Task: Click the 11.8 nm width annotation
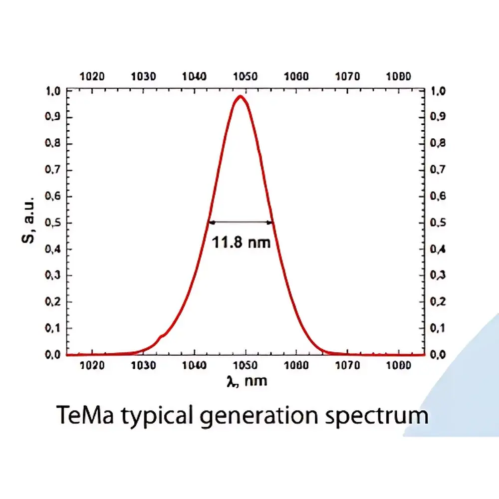click(x=242, y=243)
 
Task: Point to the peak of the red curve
click(x=241, y=96)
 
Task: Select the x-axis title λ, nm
click(x=246, y=381)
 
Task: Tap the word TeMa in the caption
click(x=84, y=415)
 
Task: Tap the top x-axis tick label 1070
click(x=347, y=77)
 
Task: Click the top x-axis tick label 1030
click(x=143, y=77)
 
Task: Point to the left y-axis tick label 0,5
click(x=53, y=223)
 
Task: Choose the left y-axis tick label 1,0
click(x=53, y=91)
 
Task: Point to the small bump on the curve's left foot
click(x=161, y=337)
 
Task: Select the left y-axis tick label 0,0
click(x=53, y=355)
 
